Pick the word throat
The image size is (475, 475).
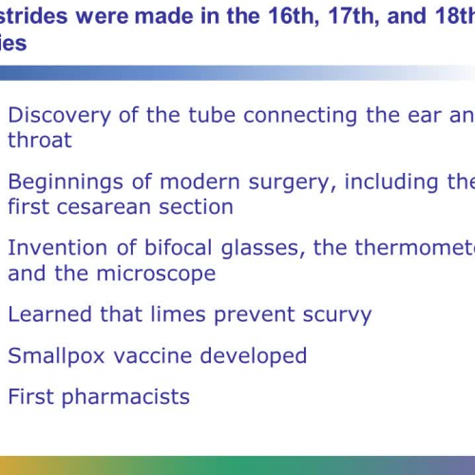(40, 140)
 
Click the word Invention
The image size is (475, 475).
(53, 248)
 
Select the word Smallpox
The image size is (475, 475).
(51, 356)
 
